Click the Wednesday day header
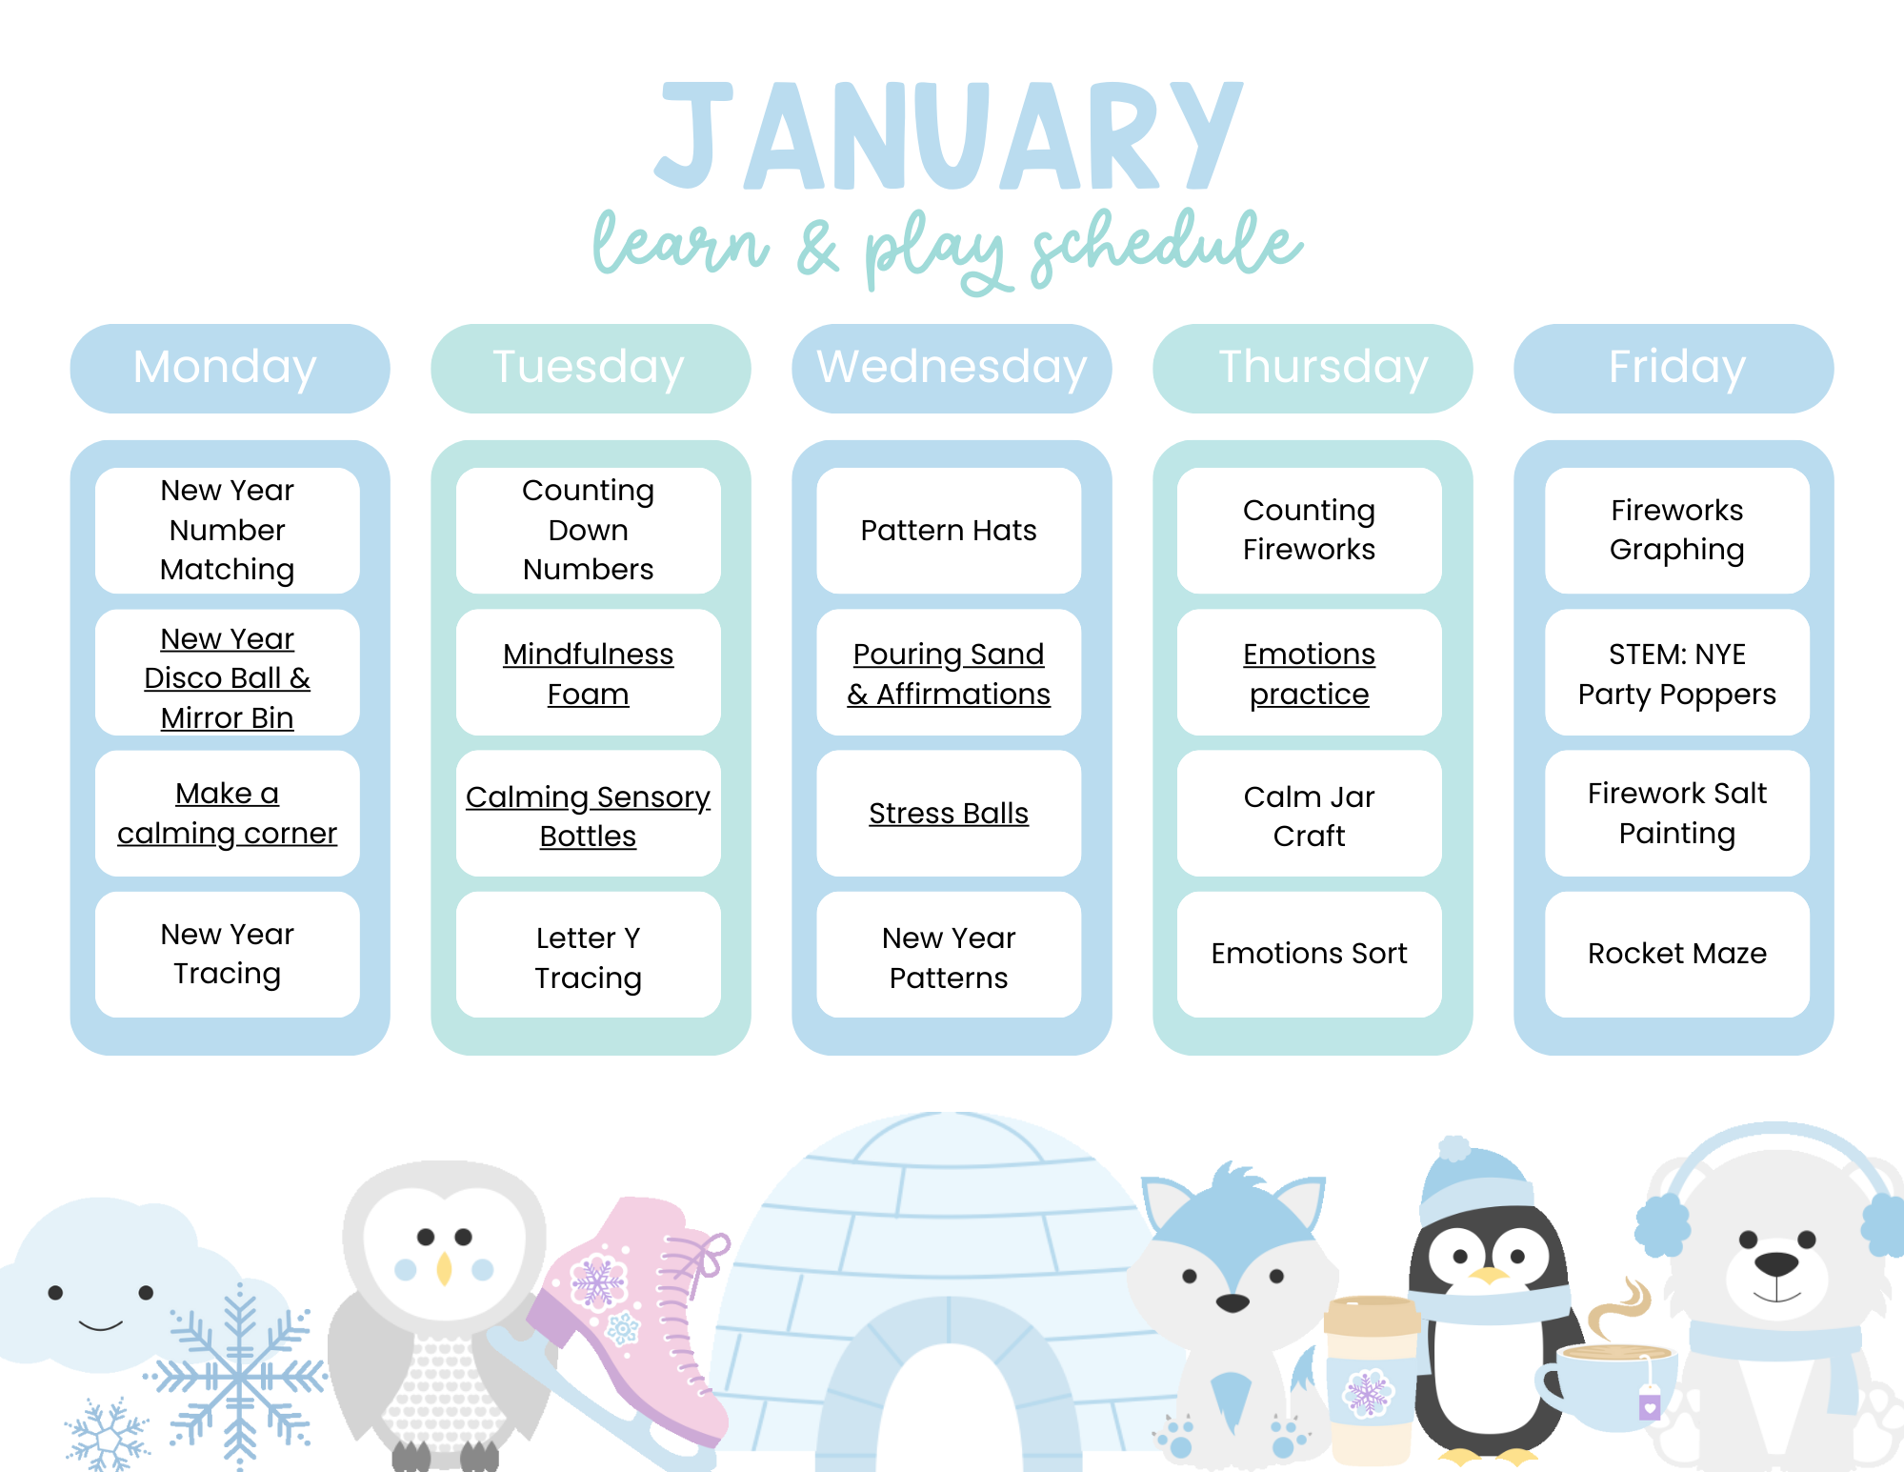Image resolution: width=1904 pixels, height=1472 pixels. point(952,368)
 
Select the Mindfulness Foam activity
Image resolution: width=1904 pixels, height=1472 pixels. point(588,674)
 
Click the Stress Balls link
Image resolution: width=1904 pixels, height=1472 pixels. point(949,814)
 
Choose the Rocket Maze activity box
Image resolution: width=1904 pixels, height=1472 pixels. point(1676,954)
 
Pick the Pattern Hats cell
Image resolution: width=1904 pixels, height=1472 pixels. point(949,531)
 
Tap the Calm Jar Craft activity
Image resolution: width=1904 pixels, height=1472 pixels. point(1309,816)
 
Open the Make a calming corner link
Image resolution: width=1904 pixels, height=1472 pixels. point(227,814)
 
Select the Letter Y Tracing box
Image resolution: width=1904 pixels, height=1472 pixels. point(588,958)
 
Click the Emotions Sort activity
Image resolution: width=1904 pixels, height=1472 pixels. point(1309,954)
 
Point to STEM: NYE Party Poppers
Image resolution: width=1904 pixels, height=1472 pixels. point(1676,674)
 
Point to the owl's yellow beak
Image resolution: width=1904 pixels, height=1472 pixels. point(444,1268)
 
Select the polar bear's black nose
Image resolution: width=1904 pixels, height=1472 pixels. point(1776,1264)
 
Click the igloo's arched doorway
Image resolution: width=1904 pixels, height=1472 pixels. point(948,1401)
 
